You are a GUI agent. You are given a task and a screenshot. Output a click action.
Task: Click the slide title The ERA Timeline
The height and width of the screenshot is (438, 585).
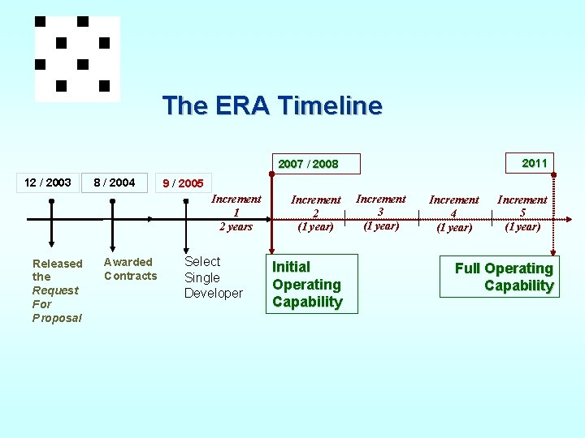coord(272,105)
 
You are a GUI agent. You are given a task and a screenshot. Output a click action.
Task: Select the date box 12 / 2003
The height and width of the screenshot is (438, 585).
coord(47,182)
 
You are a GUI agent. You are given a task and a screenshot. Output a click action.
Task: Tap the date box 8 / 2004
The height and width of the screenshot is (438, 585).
coord(114,182)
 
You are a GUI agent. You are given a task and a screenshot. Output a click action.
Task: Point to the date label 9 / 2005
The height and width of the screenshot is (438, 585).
coord(183,183)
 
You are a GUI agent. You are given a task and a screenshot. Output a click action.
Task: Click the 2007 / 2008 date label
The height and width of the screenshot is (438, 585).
coord(308,164)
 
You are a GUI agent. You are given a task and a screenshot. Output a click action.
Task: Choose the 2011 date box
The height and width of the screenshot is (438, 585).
coord(534,163)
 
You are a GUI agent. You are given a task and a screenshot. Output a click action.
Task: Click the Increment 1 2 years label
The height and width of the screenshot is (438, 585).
coord(236,213)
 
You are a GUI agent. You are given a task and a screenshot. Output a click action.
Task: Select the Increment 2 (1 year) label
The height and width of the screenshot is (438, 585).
coord(315,213)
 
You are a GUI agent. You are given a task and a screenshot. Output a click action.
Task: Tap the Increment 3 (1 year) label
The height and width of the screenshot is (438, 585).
coord(381,212)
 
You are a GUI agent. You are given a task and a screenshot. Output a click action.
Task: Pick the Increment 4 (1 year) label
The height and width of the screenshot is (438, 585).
coord(453,213)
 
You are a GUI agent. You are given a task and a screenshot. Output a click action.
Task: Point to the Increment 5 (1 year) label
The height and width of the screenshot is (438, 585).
coord(522,213)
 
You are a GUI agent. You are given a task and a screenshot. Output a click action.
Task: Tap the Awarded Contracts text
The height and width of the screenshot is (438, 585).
coord(130,268)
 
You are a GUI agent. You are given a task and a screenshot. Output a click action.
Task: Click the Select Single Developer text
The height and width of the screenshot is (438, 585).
coord(213,277)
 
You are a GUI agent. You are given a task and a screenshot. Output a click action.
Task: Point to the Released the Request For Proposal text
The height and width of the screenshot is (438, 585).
coord(57,290)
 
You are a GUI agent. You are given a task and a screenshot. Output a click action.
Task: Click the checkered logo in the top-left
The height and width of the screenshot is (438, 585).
coord(76,58)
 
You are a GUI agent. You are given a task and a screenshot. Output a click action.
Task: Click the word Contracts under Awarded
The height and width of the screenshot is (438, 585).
coord(130,276)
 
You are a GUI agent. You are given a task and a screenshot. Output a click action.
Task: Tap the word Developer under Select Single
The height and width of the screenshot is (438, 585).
coord(213,293)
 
